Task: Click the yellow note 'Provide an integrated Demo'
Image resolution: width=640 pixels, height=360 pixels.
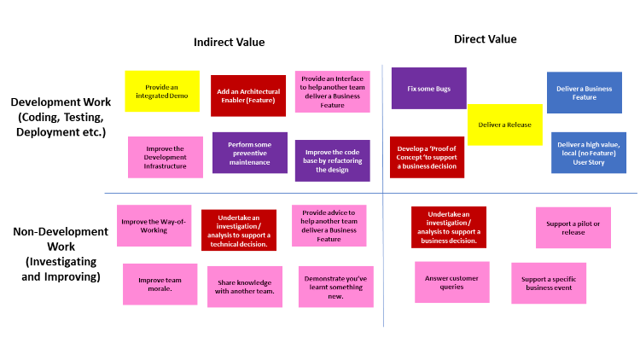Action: click(x=162, y=91)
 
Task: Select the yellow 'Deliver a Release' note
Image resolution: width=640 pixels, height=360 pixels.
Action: click(x=504, y=125)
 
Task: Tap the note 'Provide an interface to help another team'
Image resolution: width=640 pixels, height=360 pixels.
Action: click(x=332, y=92)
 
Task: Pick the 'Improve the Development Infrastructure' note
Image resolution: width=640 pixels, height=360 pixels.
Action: click(x=166, y=157)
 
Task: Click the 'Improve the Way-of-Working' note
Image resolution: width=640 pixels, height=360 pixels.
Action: click(x=154, y=225)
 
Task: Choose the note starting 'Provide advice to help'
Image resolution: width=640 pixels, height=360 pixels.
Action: click(x=329, y=225)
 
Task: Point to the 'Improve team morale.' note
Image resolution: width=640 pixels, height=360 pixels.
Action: click(x=160, y=284)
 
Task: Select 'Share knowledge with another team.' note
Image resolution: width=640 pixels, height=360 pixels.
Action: click(x=245, y=287)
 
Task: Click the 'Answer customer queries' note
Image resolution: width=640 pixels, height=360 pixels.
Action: click(x=452, y=282)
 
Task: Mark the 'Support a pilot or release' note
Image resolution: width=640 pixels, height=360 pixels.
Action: click(x=573, y=228)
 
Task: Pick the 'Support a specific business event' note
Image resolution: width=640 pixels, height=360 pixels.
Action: click(x=549, y=283)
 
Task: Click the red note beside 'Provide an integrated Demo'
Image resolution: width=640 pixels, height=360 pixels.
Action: click(x=248, y=96)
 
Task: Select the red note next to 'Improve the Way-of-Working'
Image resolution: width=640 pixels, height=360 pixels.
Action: click(x=239, y=230)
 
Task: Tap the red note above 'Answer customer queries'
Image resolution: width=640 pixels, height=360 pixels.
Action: click(x=449, y=227)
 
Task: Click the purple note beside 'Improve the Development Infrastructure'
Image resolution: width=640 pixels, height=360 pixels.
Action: click(x=250, y=153)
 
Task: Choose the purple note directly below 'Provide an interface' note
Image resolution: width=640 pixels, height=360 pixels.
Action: click(x=332, y=161)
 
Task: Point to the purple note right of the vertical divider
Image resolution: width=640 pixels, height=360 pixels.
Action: click(x=428, y=88)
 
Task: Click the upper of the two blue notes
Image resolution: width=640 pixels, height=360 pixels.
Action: click(x=585, y=92)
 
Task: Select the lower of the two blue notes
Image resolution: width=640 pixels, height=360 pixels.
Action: click(x=589, y=153)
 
